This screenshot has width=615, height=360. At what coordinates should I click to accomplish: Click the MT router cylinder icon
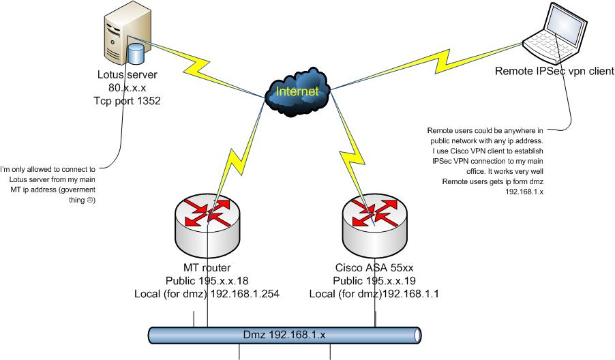pyautogui.click(x=207, y=225)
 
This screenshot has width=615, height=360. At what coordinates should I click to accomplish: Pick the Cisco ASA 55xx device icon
pyautogui.click(x=373, y=225)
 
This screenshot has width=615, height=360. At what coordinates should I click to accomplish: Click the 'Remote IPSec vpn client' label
pyautogui.click(x=554, y=71)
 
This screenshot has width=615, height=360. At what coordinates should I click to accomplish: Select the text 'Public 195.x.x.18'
pyautogui.click(x=207, y=280)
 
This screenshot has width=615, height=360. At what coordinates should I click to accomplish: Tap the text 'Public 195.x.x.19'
pyautogui.click(x=373, y=280)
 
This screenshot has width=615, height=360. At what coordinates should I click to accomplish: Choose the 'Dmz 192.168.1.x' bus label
pyautogui.click(x=284, y=335)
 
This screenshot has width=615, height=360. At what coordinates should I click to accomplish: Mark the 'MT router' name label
pyautogui.click(x=207, y=268)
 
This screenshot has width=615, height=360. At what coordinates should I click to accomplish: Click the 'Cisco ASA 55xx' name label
pyautogui.click(x=373, y=268)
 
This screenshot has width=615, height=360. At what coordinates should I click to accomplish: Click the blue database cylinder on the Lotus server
pyautogui.click(x=136, y=54)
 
